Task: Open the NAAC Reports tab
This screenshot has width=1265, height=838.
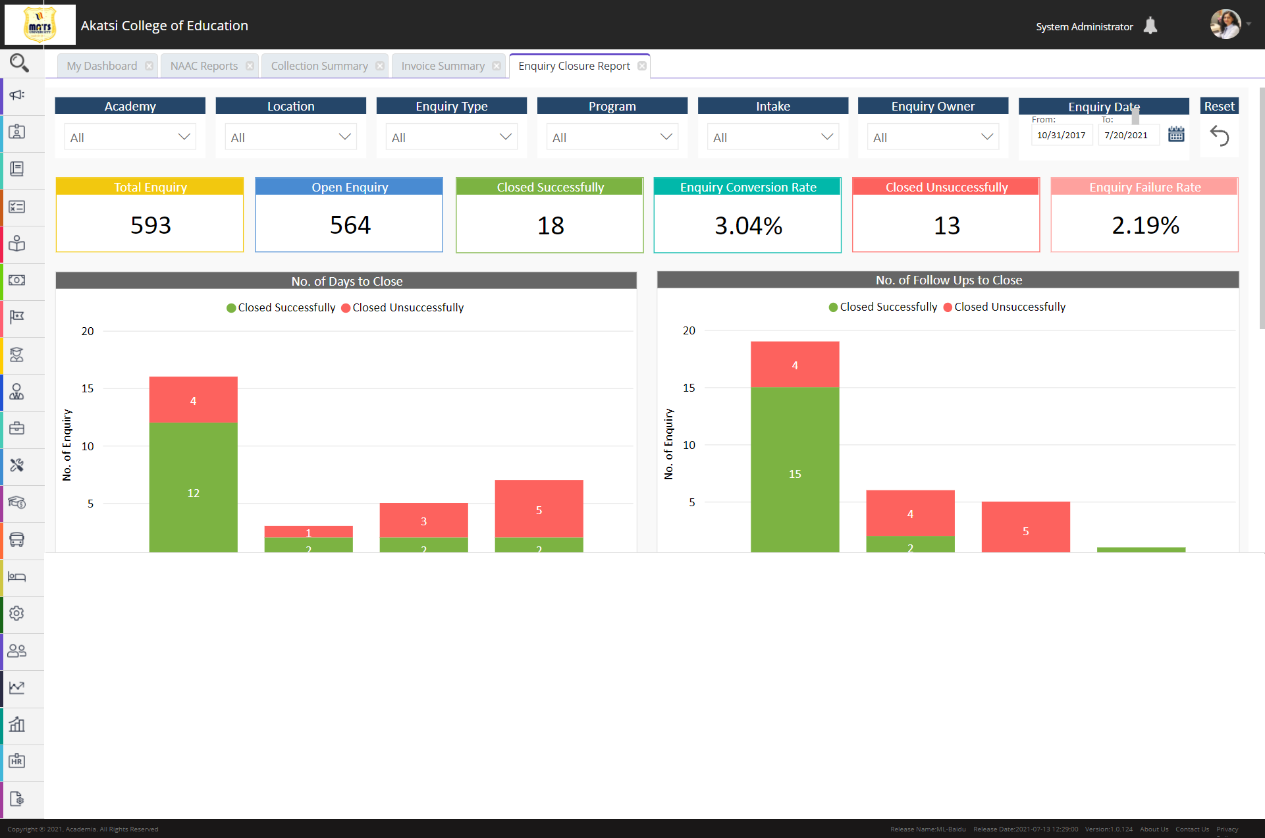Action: click(x=203, y=66)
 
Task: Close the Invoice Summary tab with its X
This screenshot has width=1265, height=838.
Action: click(x=497, y=66)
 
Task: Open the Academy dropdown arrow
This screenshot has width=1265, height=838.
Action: click(x=184, y=137)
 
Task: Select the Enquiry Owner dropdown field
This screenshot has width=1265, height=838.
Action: click(x=932, y=137)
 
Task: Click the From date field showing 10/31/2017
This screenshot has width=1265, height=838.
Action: click(x=1061, y=135)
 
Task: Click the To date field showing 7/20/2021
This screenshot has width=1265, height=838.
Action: click(x=1126, y=135)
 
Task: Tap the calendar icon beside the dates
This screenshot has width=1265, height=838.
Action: click(x=1176, y=134)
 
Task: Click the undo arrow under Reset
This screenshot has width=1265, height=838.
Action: click(x=1219, y=136)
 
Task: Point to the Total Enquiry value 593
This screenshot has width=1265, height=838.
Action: click(x=150, y=225)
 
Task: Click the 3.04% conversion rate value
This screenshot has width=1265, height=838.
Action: click(x=748, y=226)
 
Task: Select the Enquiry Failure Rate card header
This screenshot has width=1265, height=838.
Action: click(x=1144, y=187)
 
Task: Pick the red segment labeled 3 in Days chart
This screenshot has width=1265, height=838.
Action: click(x=423, y=520)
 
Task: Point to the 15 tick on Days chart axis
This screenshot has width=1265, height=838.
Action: click(x=88, y=388)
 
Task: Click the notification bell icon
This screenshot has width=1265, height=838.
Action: click(x=1150, y=26)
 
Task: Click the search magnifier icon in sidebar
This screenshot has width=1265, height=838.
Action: click(x=19, y=63)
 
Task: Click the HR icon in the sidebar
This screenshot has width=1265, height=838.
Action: click(x=17, y=762)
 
